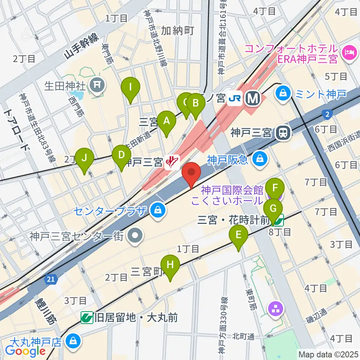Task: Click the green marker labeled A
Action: coord(166,121)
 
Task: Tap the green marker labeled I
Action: coord(130,88)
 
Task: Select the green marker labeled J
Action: coord(84,158)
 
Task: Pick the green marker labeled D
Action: coord(121,155)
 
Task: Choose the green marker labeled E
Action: coord(238,235)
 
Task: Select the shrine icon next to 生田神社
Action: coord(97,86)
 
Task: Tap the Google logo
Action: coord(25,351)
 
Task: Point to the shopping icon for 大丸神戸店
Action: coord(72,341)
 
